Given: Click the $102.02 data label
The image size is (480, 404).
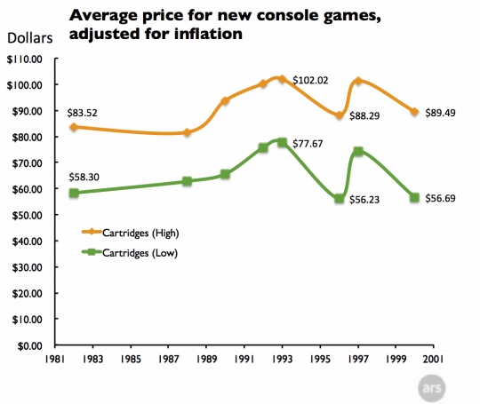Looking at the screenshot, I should [x=312, y=80].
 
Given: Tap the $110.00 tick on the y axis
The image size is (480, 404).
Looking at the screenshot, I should [x=28, y=59].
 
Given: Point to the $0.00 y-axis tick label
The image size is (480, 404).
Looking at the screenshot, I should [x=32, y=345].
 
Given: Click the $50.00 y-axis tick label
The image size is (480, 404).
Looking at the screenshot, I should [x=30, y=215].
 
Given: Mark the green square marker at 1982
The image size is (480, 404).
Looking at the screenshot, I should [x=74, y=193].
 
